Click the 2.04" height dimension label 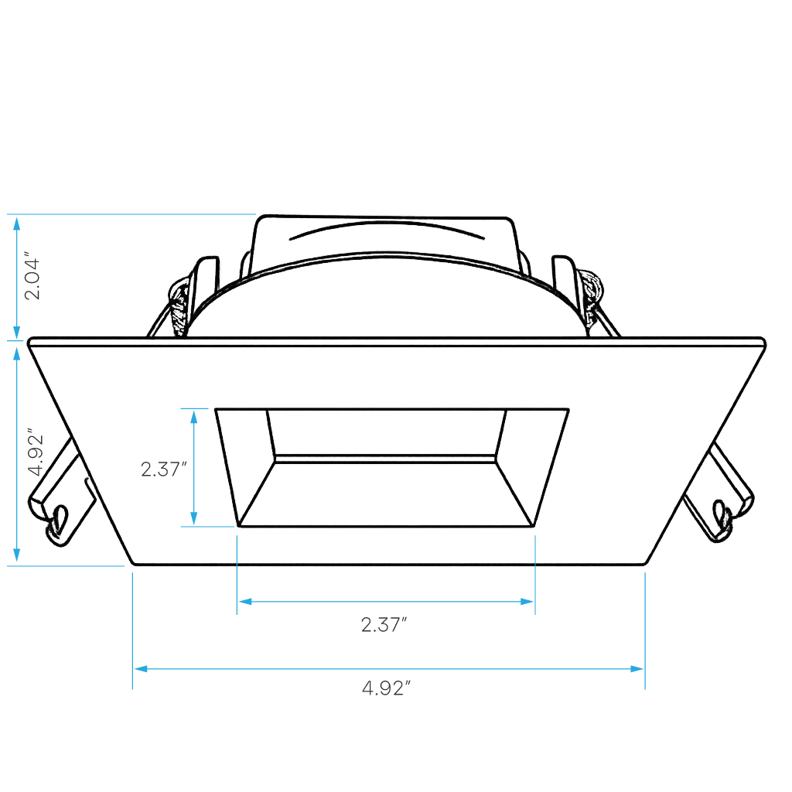[32, 277]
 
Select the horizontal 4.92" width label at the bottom [386, 688]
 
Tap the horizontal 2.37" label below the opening [384, 625]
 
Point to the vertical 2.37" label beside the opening [164, 469]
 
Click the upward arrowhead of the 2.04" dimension [17, 224]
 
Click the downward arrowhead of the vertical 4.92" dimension [17, 555]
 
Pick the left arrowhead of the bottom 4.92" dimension [141, 669]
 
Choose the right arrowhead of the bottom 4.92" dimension [637, 669]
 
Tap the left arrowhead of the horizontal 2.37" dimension [245, 602]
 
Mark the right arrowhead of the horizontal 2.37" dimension [527, 602]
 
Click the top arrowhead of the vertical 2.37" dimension [193, 417]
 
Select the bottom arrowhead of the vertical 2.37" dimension [193, 518]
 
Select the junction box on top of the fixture [385, 246]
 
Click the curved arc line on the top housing [387, 226]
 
